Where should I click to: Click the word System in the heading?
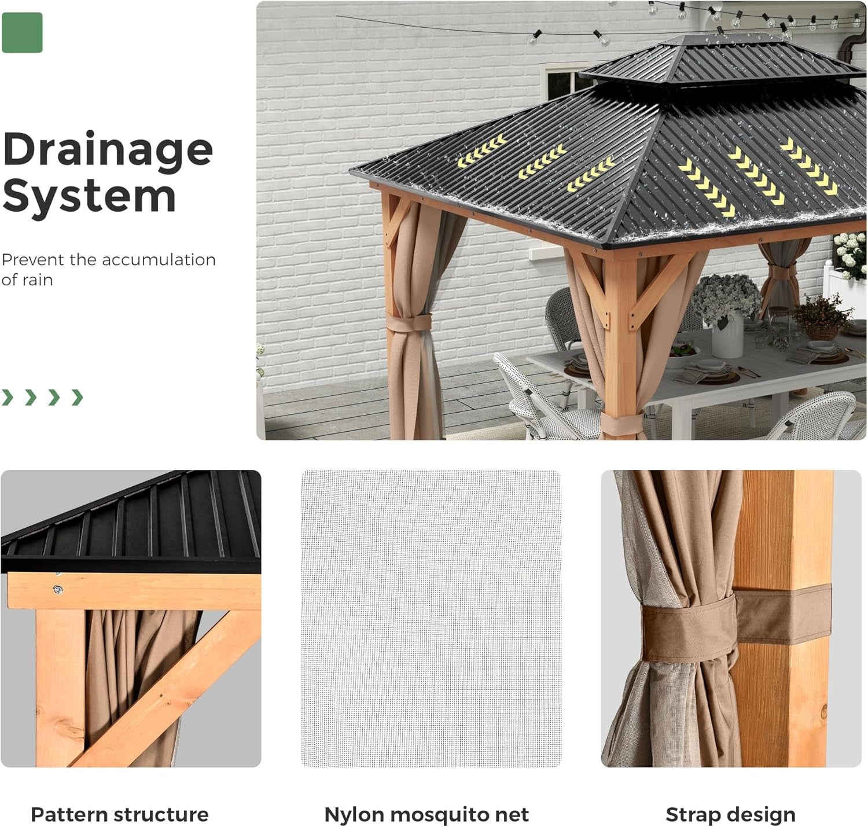[89, 197]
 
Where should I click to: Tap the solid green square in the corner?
[22, 32]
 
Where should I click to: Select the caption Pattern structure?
[119, 814]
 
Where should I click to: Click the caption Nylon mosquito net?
[426, 814]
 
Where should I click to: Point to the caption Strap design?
[730, 814]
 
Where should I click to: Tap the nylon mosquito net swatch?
[431, 618]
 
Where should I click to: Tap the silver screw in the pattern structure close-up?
[57, 590]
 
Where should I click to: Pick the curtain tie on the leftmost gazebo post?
[410, 322]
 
